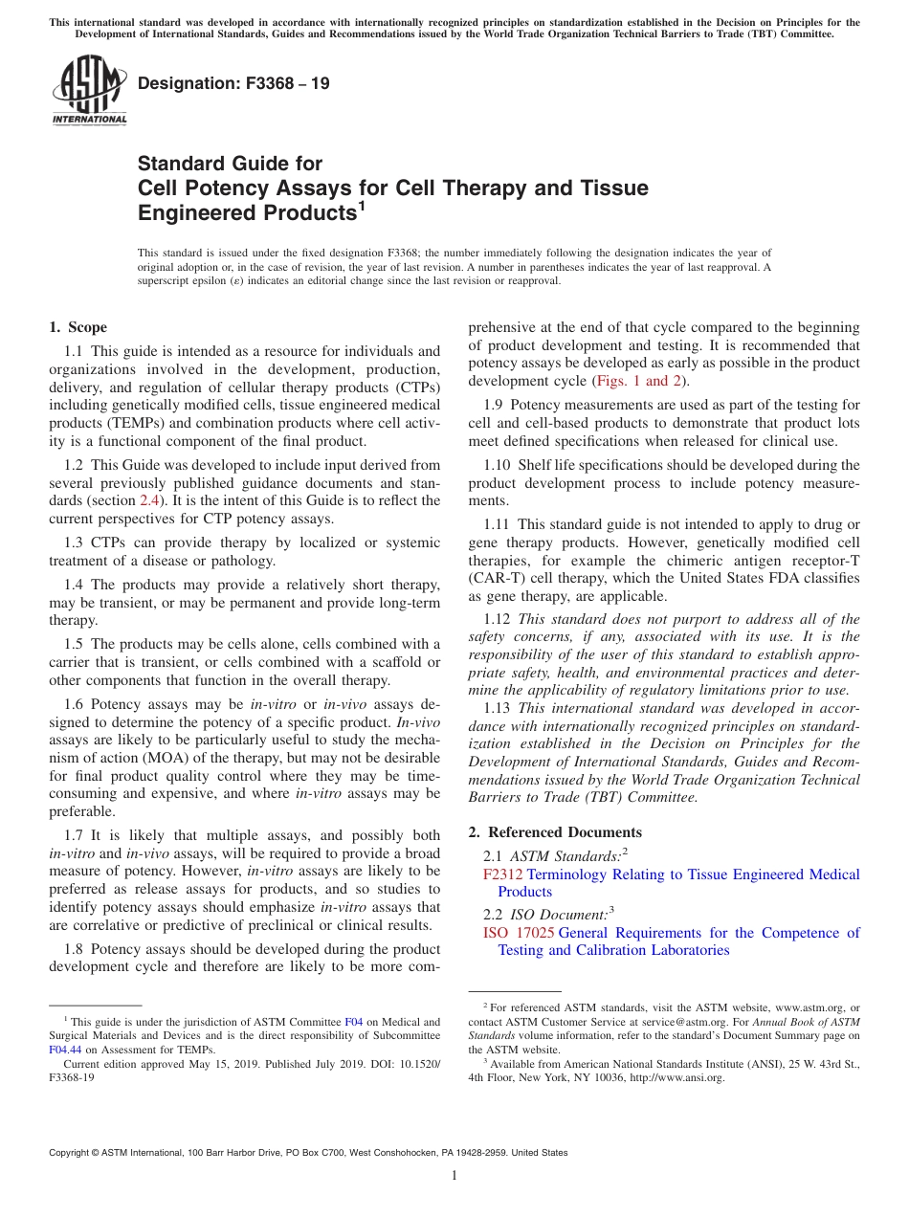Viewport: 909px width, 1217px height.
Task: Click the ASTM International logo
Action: coord(89,90)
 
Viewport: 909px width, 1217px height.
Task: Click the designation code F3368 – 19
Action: coord(233,83)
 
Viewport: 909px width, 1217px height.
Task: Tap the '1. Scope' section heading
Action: coord(78,327)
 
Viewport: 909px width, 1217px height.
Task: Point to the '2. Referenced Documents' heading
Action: coord(555,832)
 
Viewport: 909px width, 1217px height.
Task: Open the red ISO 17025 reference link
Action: coord(519,933)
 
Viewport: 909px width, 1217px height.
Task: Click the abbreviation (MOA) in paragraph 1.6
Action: coord(162,758)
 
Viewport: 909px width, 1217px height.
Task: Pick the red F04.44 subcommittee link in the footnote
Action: coord(66,1049)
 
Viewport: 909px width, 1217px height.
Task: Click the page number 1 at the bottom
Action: coord(454,1176)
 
